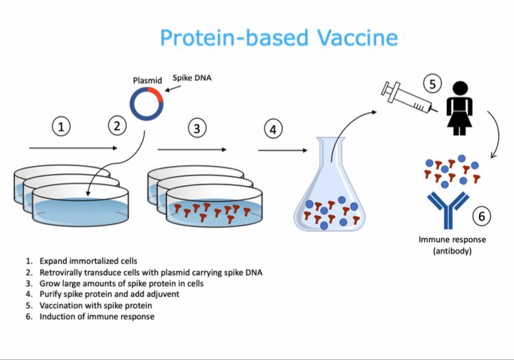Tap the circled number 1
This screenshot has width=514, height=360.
pyautogui.click(x=62, y=128)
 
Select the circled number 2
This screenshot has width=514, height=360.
pyautogui.click(x=118, y=126)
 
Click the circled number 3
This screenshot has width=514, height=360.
pyautogui.click(x=198, y=128)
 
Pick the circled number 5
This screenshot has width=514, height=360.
pyautogui.click(x=432, y=84)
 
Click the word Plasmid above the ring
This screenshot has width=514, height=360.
pyautogui.click(x=147, y=80)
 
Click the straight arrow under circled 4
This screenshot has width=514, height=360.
pyautogui.click(x=282, y=149)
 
